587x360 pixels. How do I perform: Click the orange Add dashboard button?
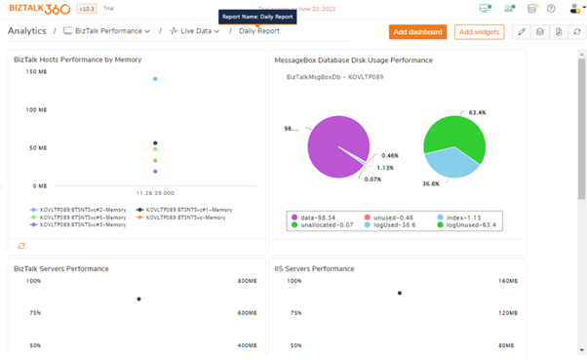point(417,32)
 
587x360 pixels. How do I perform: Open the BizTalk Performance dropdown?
point(107,31)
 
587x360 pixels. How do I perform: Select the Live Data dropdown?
point(194,31)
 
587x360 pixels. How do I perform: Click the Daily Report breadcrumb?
point(258,31)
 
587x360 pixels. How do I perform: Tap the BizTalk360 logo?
point(38,9)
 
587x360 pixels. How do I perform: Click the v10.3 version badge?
point(87,9)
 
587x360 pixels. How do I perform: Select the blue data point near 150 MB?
point(155,79)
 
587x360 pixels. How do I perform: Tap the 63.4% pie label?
point(477,113)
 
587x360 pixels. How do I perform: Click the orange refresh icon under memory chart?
point(21,246)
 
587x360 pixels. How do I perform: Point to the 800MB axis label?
point(247,282)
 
